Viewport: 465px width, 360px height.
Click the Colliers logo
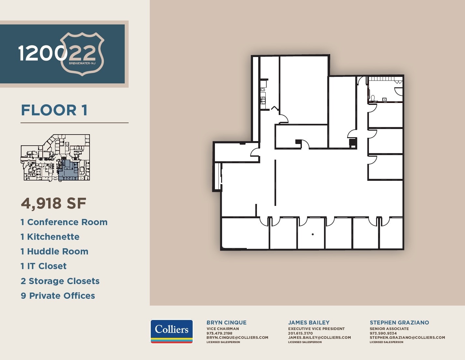[172, 331]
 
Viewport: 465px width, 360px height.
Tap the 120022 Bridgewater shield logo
[62, 53]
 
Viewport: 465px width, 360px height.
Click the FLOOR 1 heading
[54, 110]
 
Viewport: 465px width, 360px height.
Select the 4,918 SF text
[53, 203]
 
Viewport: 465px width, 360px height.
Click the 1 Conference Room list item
[64, 222]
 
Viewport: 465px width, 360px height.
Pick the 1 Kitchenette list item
[50, 237]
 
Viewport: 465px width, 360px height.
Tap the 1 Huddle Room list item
[54, 252]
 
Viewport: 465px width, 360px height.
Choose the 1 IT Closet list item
[43, 266]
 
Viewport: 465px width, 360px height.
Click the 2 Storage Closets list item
[60, 281]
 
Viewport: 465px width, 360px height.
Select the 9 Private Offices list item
[58, 296]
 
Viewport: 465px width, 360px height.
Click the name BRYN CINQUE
[226, 323]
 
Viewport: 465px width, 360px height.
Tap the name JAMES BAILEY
[309, 323]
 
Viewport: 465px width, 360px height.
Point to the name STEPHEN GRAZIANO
[399, 323]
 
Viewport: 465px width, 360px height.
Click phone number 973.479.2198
[219, 333]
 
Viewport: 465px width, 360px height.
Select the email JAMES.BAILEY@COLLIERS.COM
[319, 338]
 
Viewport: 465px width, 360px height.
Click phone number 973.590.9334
[383, 333]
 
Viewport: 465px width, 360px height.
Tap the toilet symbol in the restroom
[373, 98]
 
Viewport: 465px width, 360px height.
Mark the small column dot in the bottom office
[313, 234]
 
